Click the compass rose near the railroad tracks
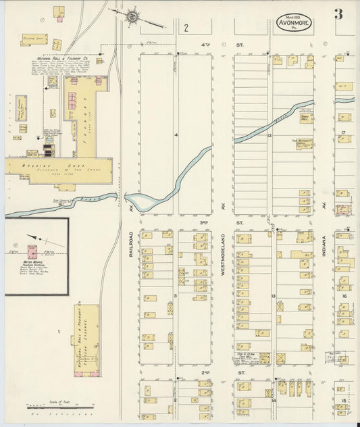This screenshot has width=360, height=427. (132, 14)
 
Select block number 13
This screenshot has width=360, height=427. (274, 297)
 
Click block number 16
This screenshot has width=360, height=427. (344, 296)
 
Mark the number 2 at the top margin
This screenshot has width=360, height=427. (184, 28)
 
